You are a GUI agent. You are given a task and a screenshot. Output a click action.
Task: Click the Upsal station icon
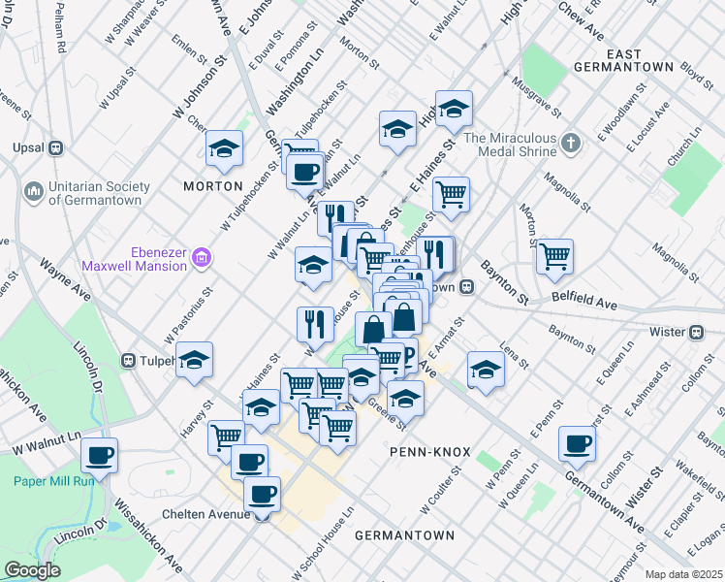(55, 147)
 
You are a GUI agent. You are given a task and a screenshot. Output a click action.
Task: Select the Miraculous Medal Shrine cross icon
(572, 144)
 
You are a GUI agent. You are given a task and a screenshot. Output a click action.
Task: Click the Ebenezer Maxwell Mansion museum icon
(202, 257)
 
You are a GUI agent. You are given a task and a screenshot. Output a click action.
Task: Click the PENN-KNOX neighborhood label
(429, 452)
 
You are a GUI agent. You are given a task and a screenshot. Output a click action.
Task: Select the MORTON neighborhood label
(212, 185)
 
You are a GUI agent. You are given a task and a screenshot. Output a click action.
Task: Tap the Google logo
(33, 569)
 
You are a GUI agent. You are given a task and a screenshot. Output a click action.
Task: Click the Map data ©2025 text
(683, 574)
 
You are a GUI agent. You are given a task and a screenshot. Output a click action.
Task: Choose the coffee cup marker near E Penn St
(577, 444)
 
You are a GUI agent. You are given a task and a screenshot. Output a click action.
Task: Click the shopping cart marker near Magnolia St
(554, 256)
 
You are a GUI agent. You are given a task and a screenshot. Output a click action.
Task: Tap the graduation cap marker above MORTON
(224, 147)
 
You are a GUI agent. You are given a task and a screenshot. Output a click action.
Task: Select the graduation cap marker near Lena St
(486, 368)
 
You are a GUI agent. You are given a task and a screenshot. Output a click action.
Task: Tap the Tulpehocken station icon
(128, 361)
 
